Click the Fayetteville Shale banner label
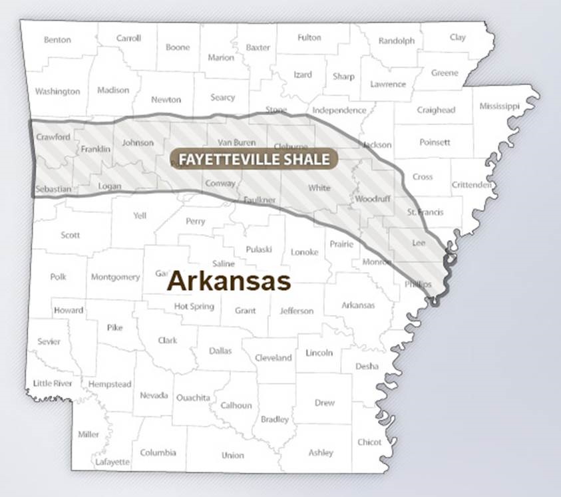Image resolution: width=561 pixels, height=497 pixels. click(254, 159)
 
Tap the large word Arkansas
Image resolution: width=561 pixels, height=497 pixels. click(228, 281)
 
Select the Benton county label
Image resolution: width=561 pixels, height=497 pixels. click(57, 40)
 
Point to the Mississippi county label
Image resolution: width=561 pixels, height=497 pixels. click(498, 106)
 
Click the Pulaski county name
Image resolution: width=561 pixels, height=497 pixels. click(259, 249)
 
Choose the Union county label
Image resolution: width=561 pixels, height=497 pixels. click(233, 456)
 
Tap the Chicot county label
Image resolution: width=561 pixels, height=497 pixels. click(369, 442)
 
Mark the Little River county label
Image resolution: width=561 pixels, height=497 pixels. click(53, 383)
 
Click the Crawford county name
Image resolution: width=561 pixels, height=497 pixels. click(53, 137)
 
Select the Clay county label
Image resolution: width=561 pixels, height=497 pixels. click(457, 37)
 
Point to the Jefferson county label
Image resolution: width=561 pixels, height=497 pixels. click(296, 311)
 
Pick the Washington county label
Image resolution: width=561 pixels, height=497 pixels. click(57, 92)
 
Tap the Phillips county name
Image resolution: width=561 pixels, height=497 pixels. click(418, 284)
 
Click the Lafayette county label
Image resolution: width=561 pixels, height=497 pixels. click(112, 462)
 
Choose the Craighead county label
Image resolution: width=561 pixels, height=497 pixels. click(436, 110)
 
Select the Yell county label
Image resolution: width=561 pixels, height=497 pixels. click(140, 216)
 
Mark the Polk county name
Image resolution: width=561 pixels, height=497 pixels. click(58, 277)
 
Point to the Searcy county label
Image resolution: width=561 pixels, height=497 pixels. click(222, 97)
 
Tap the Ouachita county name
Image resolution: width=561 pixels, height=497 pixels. click(193, 398)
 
